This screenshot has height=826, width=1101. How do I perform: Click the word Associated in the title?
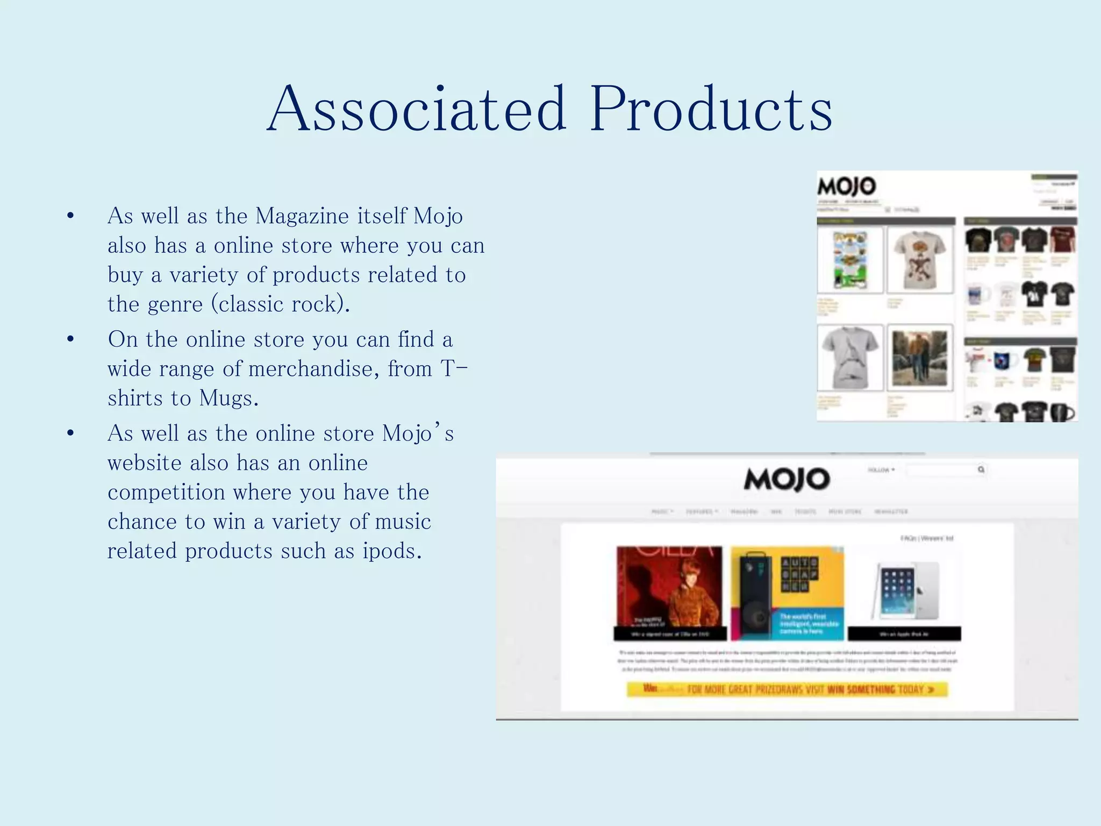[x=417, y=109]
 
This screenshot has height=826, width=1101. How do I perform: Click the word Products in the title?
[x=711, y=109]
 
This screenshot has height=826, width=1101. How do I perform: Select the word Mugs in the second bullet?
[x=228, y=398]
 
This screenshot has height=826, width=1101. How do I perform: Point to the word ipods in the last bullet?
[x=391, y=551]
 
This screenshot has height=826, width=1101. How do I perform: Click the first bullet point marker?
[x=70, y=216]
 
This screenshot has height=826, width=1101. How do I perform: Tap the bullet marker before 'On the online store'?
[x=70, y=340]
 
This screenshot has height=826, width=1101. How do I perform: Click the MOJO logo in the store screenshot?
[x=847, y=187]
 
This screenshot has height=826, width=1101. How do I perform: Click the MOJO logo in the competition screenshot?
[x=787, y=479]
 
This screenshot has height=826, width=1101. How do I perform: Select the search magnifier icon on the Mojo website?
[x=981, y=469]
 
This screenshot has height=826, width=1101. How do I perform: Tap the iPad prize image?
[x=905, y=590]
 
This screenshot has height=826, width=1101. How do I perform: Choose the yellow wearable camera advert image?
[x=787, y=593]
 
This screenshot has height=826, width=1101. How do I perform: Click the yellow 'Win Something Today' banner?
[x=787, y=689]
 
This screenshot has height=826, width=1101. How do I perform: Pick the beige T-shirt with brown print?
[x=920, y=260]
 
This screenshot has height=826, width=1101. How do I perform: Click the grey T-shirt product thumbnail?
[x=850, y=358]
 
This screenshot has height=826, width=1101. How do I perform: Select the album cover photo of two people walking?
[x=920, y=358]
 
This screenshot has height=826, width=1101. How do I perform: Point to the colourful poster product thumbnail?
[x=850, y=260]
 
